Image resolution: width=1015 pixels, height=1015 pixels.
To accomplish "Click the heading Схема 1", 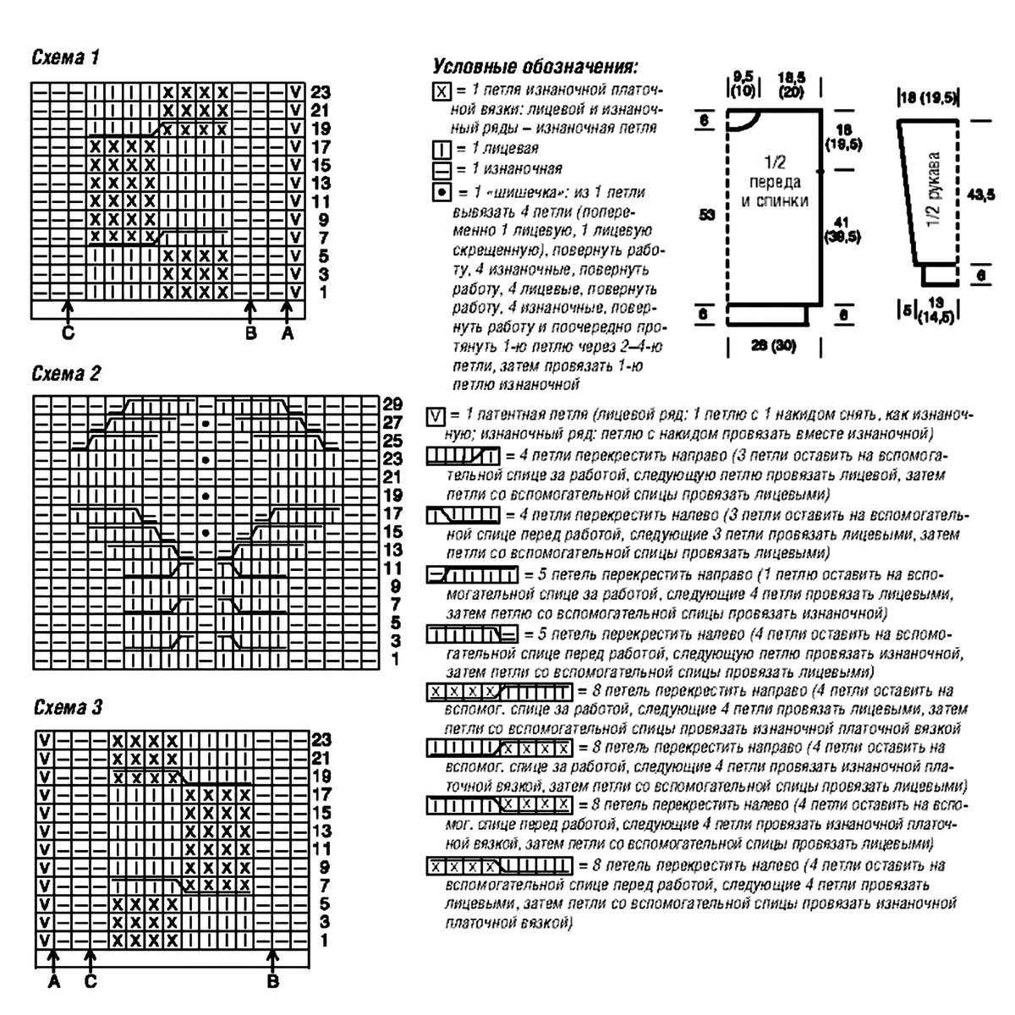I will coord(66,58).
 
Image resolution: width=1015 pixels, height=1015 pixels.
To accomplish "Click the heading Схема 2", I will coord(66,374).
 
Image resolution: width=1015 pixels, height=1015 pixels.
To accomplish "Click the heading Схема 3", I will coord(68,707).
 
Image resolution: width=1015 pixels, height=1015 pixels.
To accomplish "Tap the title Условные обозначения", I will coord(535,67).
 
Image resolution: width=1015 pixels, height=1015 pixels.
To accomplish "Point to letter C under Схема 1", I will coord(68,333).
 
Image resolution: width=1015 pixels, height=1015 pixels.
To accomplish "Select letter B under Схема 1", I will coord(250,333).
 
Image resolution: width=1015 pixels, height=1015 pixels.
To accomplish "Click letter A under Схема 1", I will coord(287,333).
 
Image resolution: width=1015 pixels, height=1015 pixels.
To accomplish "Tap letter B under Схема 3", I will coord(272,982).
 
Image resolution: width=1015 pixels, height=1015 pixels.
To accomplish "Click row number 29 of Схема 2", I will coord(392,403).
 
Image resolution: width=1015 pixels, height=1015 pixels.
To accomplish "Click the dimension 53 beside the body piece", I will coord(707,215).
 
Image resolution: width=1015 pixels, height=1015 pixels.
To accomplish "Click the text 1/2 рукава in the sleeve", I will coord(933,194).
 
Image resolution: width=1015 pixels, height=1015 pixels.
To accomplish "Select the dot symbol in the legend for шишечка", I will coord(440,191).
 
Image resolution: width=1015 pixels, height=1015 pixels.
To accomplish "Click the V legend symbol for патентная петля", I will coord(436,416).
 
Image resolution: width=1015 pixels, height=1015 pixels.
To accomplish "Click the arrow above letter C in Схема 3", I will coord(91,959).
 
